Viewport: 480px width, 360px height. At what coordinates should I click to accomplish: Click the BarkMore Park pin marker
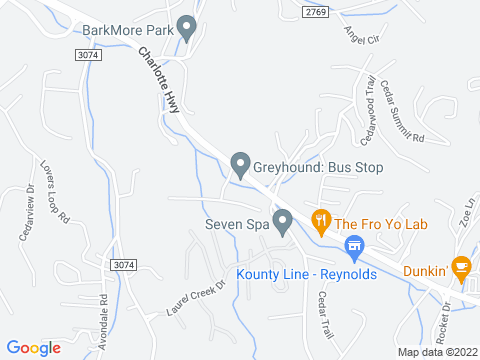tap(185, 28)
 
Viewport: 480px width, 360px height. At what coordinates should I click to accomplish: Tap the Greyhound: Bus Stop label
tap(319, 167)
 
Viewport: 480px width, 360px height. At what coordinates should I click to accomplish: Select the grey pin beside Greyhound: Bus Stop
tap(240, 165)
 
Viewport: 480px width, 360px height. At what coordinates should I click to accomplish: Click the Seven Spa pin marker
tap(283, 221)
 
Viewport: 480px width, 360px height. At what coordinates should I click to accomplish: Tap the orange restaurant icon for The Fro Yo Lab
tap(321, 222)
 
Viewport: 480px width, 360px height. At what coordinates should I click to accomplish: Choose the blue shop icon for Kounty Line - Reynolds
tap(352, 246)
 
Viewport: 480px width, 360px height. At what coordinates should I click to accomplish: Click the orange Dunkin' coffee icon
tap(460, 268)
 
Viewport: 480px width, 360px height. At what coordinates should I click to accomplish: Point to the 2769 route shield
tap(316, 11)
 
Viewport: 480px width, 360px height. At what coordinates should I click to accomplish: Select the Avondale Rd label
tap(103, 317)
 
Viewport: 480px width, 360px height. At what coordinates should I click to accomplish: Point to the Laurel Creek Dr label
tap(198, 299)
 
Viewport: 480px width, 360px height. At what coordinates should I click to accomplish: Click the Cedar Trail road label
tap(322, 313)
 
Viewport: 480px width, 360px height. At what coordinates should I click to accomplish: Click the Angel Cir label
tap(363, 37)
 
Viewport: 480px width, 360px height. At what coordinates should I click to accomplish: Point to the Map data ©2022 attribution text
tap(437, 352)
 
